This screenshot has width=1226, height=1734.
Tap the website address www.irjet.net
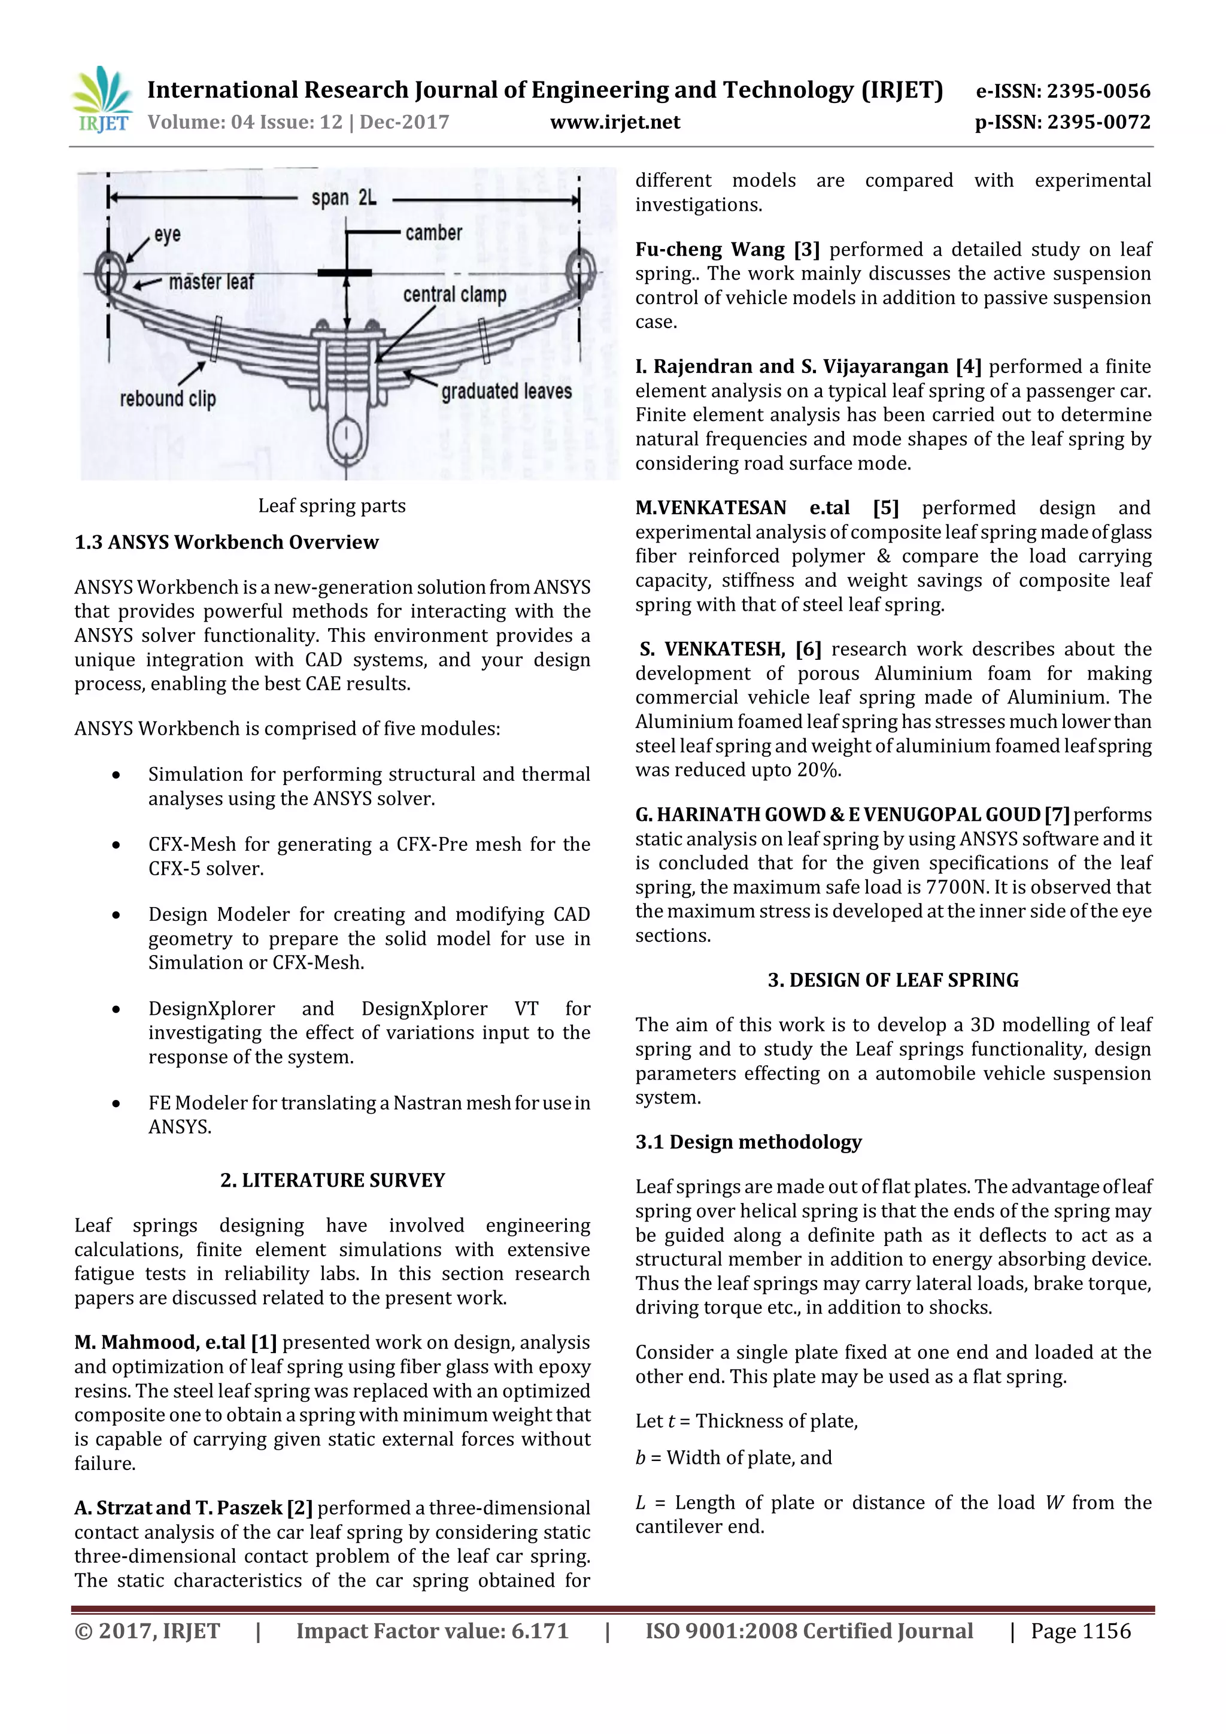click(x=615, y=122)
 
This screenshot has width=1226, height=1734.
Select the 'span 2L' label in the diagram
click(x=344, y=198)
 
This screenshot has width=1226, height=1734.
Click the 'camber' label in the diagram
click(x=433, y=232)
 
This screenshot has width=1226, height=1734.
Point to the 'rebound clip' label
click(x=168, y=398)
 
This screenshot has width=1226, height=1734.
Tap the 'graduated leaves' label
click(x=506, y=391)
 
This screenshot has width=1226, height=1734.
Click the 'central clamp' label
click(x=454, y=294)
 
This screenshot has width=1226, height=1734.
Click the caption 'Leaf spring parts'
click(x=332, y=505)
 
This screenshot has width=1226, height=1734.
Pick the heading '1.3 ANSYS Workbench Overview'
click(x=226, y=542)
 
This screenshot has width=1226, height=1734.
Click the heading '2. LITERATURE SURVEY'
click(x=332, y=1180)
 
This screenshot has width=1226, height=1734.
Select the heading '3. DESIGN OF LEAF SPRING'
click(x=893, y=980)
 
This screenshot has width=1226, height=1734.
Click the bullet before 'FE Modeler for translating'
click(x=116, y=1104)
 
